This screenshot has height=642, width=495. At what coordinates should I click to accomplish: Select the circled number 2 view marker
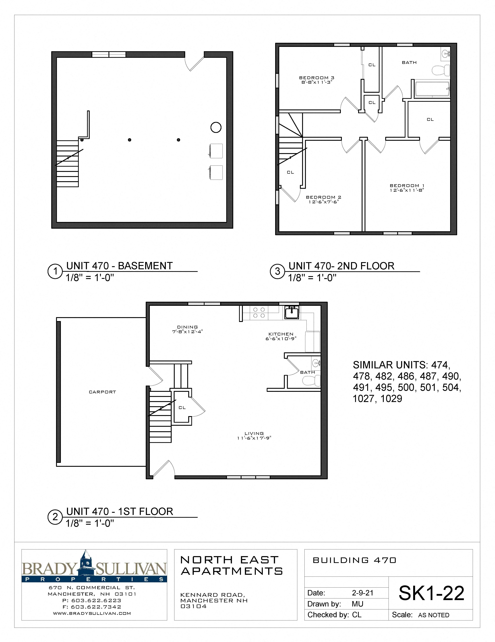point(55,517)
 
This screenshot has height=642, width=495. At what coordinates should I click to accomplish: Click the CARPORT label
point(102,392)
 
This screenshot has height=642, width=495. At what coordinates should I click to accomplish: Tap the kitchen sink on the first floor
point(292,312)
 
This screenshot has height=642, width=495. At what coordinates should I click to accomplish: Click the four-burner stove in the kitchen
point(259,312)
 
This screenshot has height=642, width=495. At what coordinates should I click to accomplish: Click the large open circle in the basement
point(216,127)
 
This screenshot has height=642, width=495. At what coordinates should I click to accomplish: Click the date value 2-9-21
point(362,593)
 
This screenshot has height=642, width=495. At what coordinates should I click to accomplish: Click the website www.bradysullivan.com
point(92,613)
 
